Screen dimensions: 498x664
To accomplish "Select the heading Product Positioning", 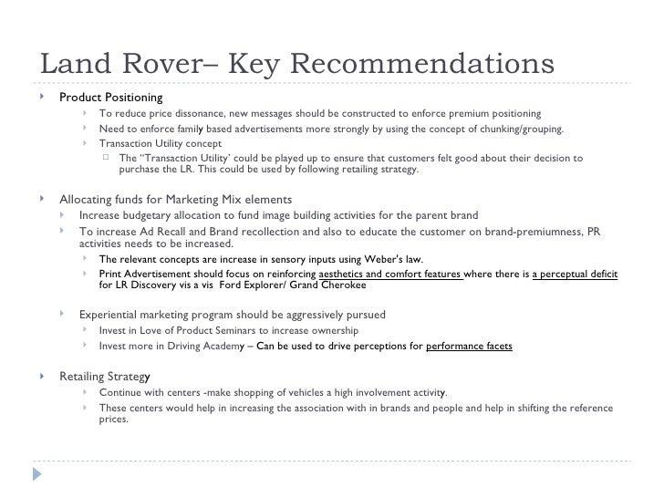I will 111,98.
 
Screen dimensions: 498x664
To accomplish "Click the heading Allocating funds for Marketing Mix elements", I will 175,199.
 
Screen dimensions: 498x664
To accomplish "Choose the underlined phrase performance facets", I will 469,346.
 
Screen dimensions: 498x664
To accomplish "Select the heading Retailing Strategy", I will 106,376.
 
